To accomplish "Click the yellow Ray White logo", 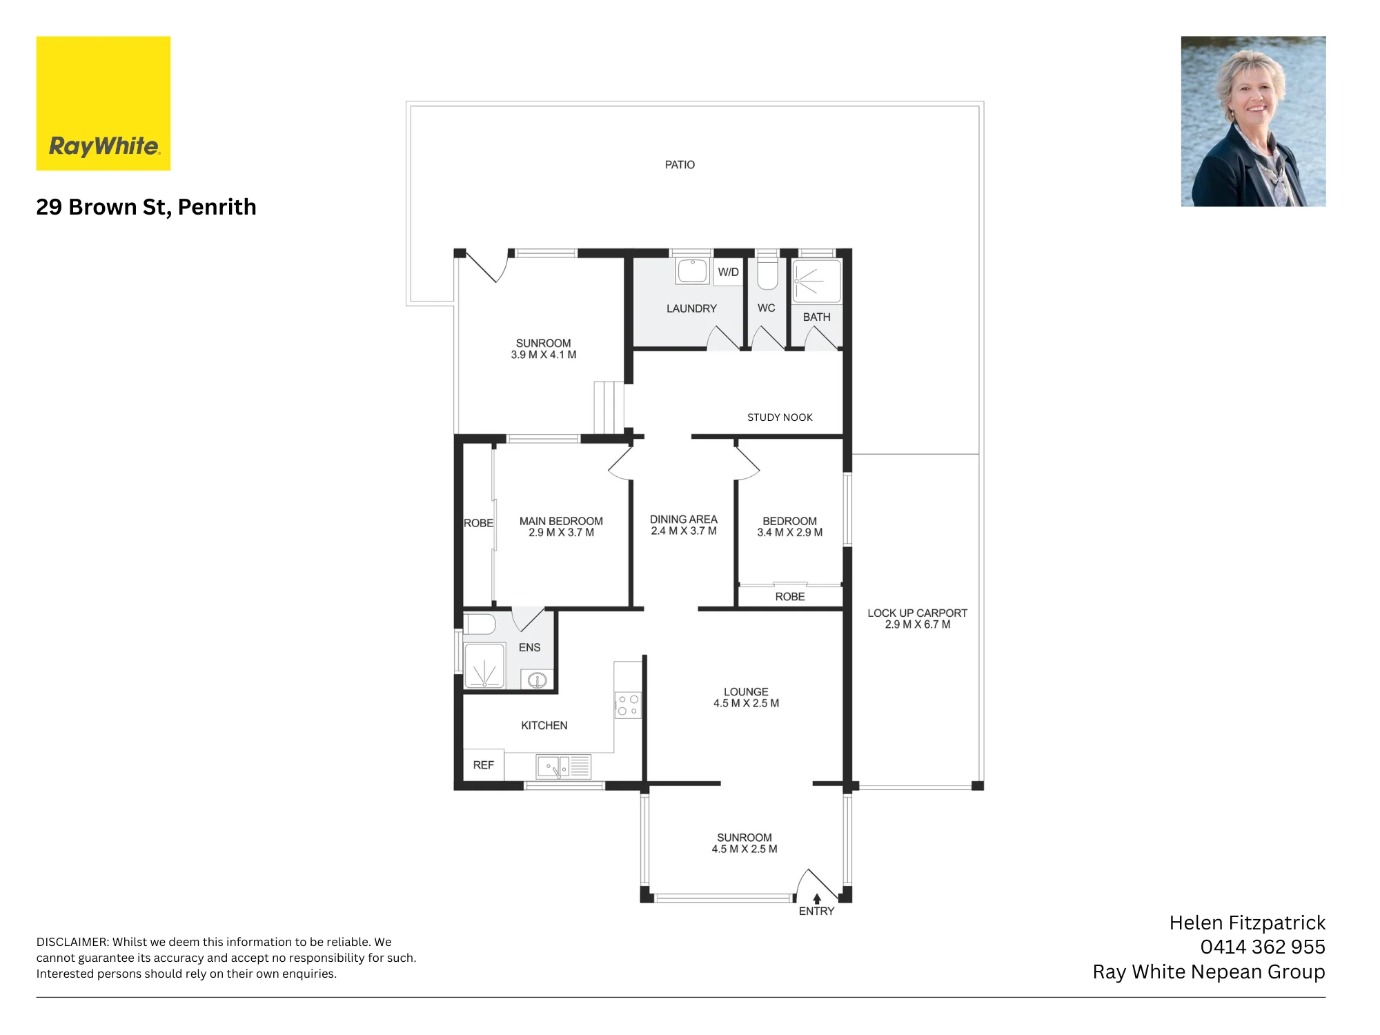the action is pos(103,103).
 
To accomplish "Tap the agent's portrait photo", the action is pos(1253,121).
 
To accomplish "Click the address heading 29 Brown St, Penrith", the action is pos(146,207).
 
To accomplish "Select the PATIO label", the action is pos(680,165).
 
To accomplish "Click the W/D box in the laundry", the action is pos(728,272).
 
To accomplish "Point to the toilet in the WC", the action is pos(767,271).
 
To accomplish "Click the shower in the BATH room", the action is pos(817,282).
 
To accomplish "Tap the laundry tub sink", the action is pos(692,271).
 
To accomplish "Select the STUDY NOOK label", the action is pos(780,417).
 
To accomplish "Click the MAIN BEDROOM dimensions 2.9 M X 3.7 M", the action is pos(561,533).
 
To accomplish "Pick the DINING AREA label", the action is pos(683,520).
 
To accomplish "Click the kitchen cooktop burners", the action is pos(628,705).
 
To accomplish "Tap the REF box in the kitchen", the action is pos(483,765).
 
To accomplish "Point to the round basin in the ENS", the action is pos(538,680).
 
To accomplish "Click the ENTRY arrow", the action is pos(817,899).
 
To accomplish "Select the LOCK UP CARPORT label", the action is pos(917,613).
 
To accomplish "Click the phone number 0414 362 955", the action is pos(1262,947).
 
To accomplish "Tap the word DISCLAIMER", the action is pos(72,942).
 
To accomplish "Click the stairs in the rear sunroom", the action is pos(609,407).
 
